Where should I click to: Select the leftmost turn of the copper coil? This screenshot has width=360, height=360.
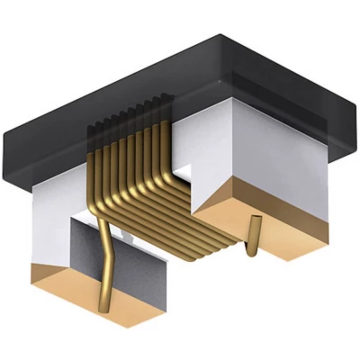(95, 171)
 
